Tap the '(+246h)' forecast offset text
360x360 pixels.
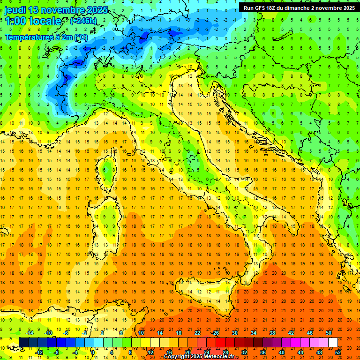coord(83,21)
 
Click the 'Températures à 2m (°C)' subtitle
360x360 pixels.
coord(46,37)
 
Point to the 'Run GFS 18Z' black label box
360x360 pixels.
coord(299,7)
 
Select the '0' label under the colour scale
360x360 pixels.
coord(93,352)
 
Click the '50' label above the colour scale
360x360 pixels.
coord(328,333)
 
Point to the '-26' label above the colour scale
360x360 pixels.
coord(215,333)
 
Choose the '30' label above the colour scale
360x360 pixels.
coord(234,333)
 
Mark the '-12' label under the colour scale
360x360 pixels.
coord(39,352)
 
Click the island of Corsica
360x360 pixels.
coord(108,172)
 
